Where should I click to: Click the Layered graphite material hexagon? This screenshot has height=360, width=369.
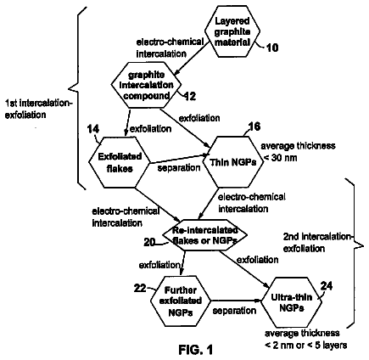click(x=232, y=31)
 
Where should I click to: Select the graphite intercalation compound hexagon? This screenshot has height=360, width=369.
click(x=146, y=85)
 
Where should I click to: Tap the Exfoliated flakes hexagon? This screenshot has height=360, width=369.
click(x=120, y=162)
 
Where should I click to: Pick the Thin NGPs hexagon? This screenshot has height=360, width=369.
click(x=232, y=162)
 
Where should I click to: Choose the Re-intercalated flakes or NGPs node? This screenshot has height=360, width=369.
click(x=205, y=235)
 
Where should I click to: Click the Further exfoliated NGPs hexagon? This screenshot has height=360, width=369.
click(x=181, y=301)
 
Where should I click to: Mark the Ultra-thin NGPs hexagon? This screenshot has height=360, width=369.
click(x=291, y=302)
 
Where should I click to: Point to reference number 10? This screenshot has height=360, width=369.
click(x=272, y=48)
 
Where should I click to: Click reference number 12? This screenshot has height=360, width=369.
click(x=190, y=97)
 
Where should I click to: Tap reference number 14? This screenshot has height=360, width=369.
click(x=93, y=129)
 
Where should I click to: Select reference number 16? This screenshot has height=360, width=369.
click(x=254, y=127)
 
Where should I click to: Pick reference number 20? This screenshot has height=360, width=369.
click(x=149, y=242)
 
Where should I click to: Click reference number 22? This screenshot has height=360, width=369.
click(x=140, y=289)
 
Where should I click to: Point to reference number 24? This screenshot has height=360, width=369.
click(x=327, y=286)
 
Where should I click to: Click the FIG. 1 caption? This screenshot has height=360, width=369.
click(x=195, y=350)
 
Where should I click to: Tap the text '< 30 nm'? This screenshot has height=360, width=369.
click(x=280, y=158)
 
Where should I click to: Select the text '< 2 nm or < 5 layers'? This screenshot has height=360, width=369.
click(x=305, y=346)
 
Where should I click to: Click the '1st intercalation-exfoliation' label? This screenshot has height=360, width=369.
click(x=39, y=109)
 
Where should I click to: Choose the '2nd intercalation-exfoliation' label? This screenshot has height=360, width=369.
click(x=317, y=242)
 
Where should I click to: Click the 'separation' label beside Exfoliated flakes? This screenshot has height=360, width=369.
click(x=179, y=168)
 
